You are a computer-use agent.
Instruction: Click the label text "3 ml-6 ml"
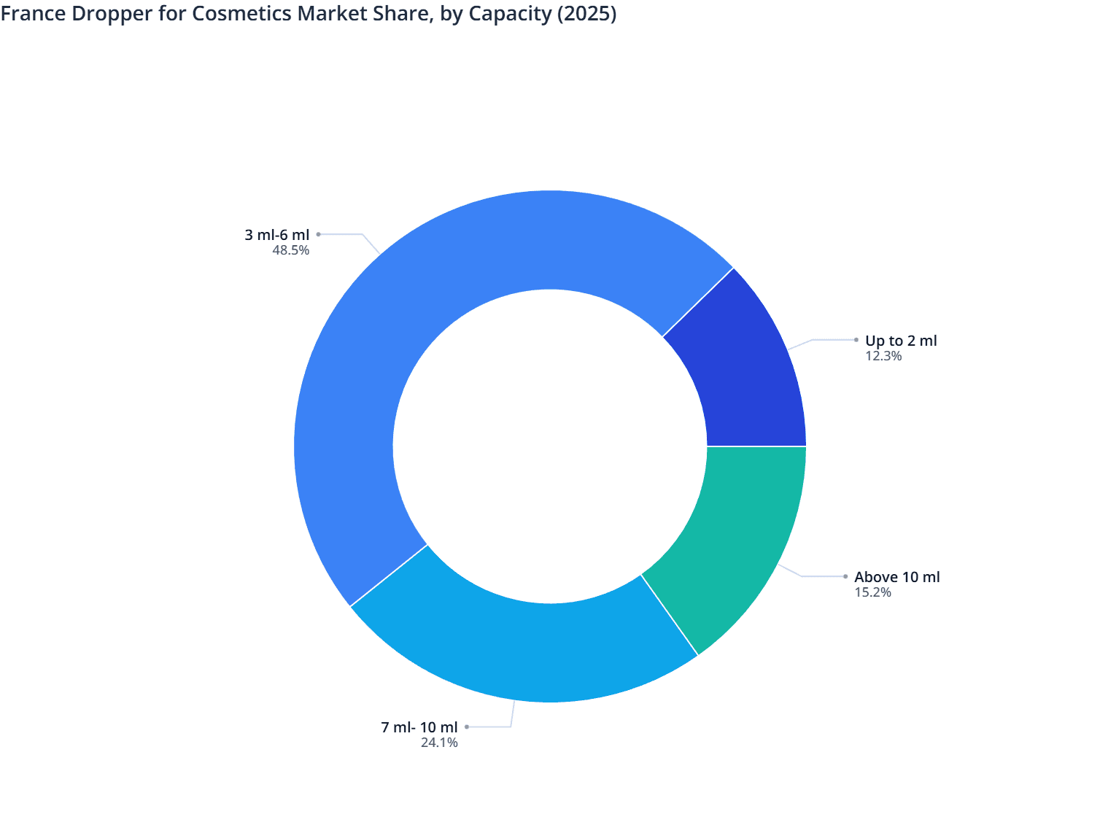[277, 235]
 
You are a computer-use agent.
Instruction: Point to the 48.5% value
[291, 250]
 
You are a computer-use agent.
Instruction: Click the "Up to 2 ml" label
[901, 341]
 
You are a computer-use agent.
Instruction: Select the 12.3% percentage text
[883, 356]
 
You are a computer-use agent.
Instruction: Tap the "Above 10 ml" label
[897, 577]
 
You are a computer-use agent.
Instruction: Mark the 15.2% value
[873, 592]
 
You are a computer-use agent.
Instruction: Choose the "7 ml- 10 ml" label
[419, 727]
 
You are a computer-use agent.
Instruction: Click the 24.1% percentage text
[439, 743]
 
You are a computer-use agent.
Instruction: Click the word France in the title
[33, 14]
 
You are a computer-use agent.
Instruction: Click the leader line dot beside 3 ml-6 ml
[318, 234]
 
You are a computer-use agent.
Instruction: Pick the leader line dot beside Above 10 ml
[845, 576]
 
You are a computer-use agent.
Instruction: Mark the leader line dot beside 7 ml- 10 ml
[467, 727]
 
